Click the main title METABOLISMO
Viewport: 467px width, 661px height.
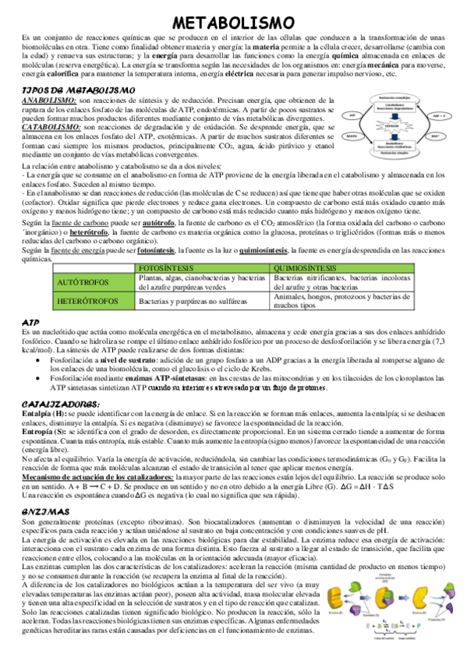[233, 23]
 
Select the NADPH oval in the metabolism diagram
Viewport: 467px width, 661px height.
[352, 135]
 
